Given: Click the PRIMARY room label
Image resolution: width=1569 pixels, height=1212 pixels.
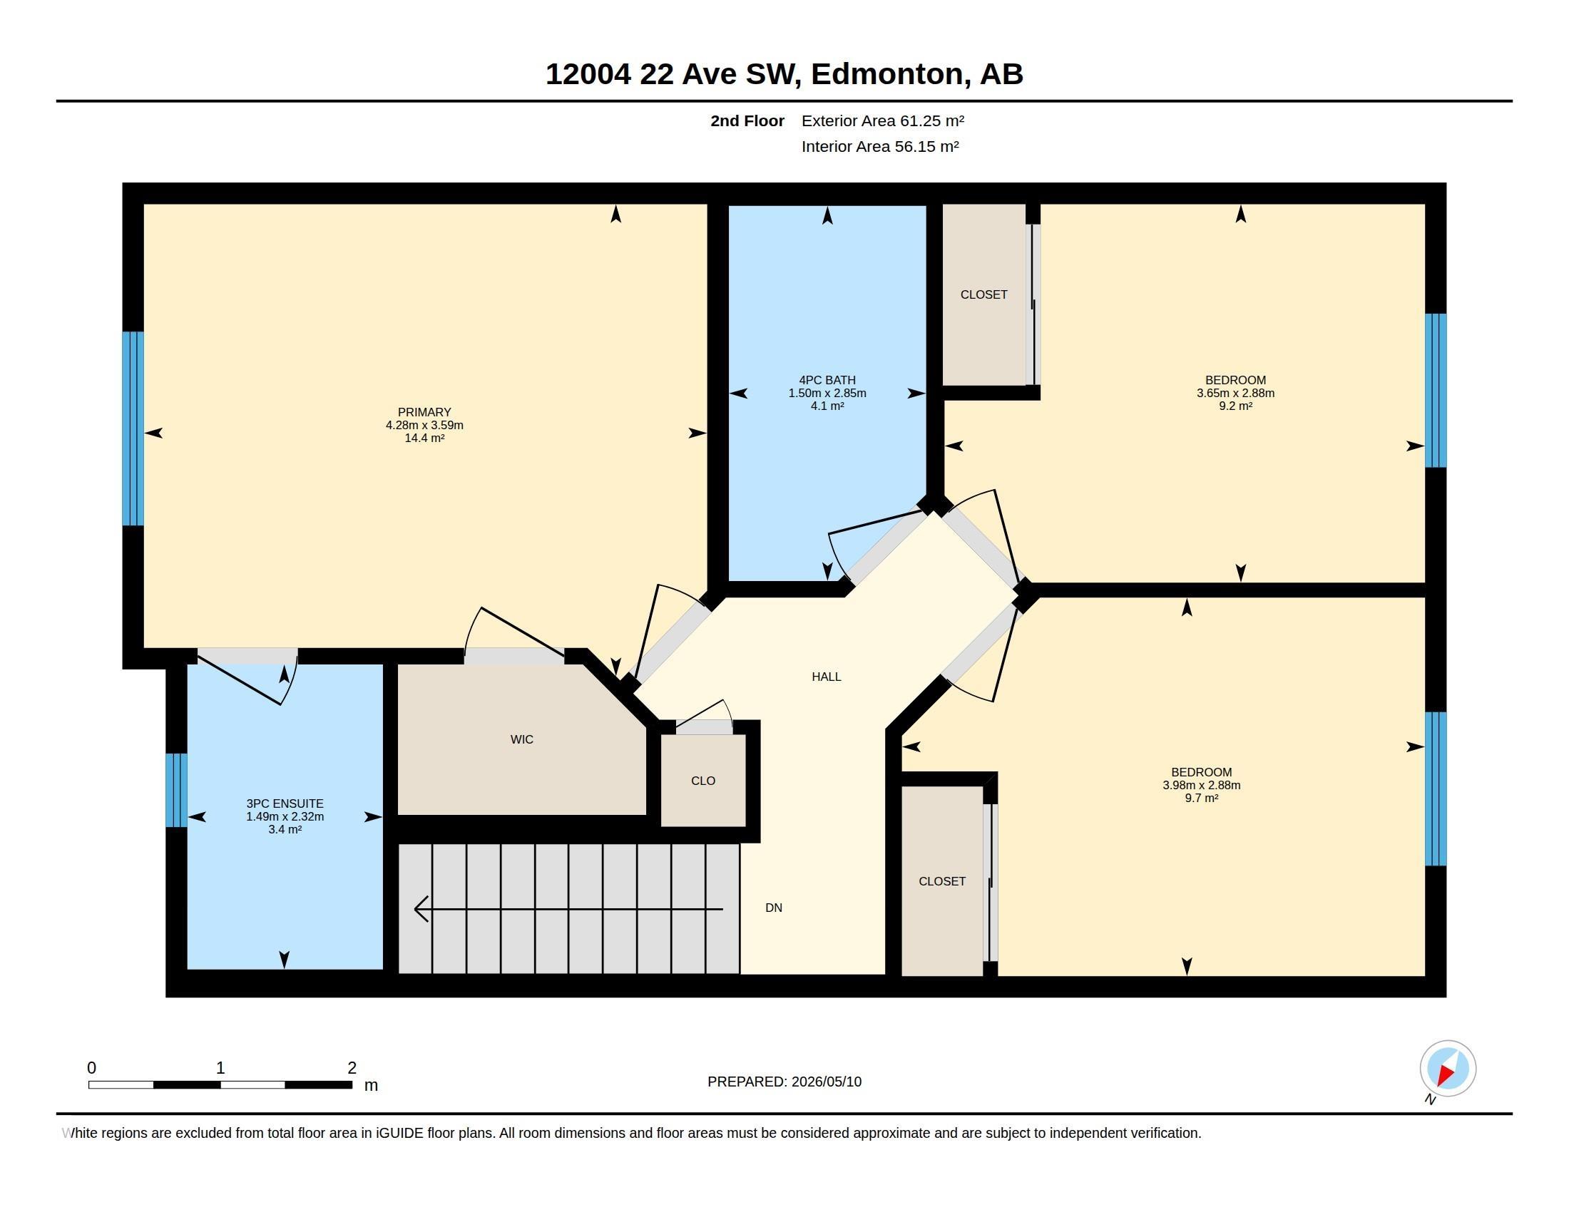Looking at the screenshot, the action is click(x=424, y=412).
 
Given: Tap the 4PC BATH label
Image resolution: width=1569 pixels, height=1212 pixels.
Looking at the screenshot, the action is click(x=827, y=380).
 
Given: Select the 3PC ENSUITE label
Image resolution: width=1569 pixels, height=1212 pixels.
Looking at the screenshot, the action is click(x=285, y=803).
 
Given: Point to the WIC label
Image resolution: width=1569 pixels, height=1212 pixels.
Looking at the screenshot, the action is click(x=521, y=739).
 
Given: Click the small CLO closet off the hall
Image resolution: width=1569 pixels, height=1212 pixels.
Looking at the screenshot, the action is click(x=703, y=781).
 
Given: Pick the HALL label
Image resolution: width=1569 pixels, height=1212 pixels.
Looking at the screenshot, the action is click(x=826, y=677).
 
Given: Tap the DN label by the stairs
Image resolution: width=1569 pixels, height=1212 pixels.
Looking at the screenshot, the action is click(x=774, y=908).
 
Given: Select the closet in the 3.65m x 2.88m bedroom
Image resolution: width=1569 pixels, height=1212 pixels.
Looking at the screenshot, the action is click(x=984, y=294).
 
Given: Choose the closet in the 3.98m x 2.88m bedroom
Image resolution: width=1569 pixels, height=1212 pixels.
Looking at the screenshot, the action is click(x=942, y=881).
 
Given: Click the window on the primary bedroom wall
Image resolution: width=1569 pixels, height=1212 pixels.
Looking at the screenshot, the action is click(x=133, y=428).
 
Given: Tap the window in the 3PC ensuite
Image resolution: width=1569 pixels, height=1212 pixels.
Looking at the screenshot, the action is click(x=176, y=790).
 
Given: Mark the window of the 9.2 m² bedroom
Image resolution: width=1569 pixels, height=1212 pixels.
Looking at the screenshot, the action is click(x=1436, y=391).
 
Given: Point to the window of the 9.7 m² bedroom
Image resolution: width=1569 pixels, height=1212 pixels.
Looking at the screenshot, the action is click(x=1436, y=789).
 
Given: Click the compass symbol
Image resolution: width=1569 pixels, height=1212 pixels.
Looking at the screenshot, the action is click(x=1448, y=1069).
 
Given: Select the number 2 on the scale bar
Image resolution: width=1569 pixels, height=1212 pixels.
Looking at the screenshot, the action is click(x=352, y=1068).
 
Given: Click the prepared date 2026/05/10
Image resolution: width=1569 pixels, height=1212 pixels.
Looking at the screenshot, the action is click(x=826, y=1082).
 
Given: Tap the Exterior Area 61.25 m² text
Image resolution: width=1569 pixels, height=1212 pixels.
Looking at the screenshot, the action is click(x=883, y=120).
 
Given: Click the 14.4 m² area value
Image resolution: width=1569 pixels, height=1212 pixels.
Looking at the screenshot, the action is click(x=424, y=438).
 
